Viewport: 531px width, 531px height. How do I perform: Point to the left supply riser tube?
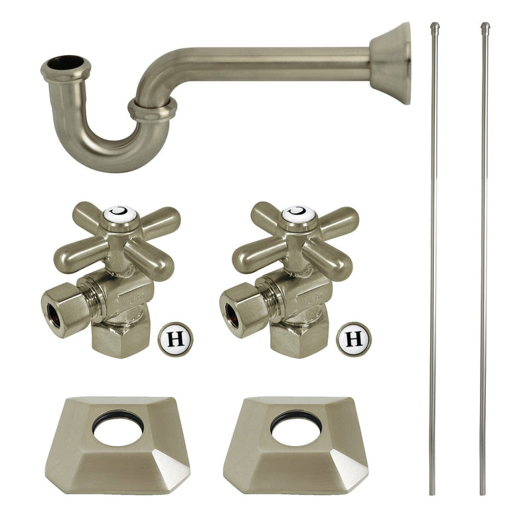pyautogui.click(x=433, y=265)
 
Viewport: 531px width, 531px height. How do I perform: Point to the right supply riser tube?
pyautogui.click(x=484, y=265)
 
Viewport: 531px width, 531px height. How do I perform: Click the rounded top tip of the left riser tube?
pyautogui.click(x=435, y=27)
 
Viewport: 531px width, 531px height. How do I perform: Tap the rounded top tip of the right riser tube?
pyautogui.click(x=485, y=27)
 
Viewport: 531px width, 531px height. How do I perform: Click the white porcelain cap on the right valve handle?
pyautogui.click(x=298, y=214)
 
